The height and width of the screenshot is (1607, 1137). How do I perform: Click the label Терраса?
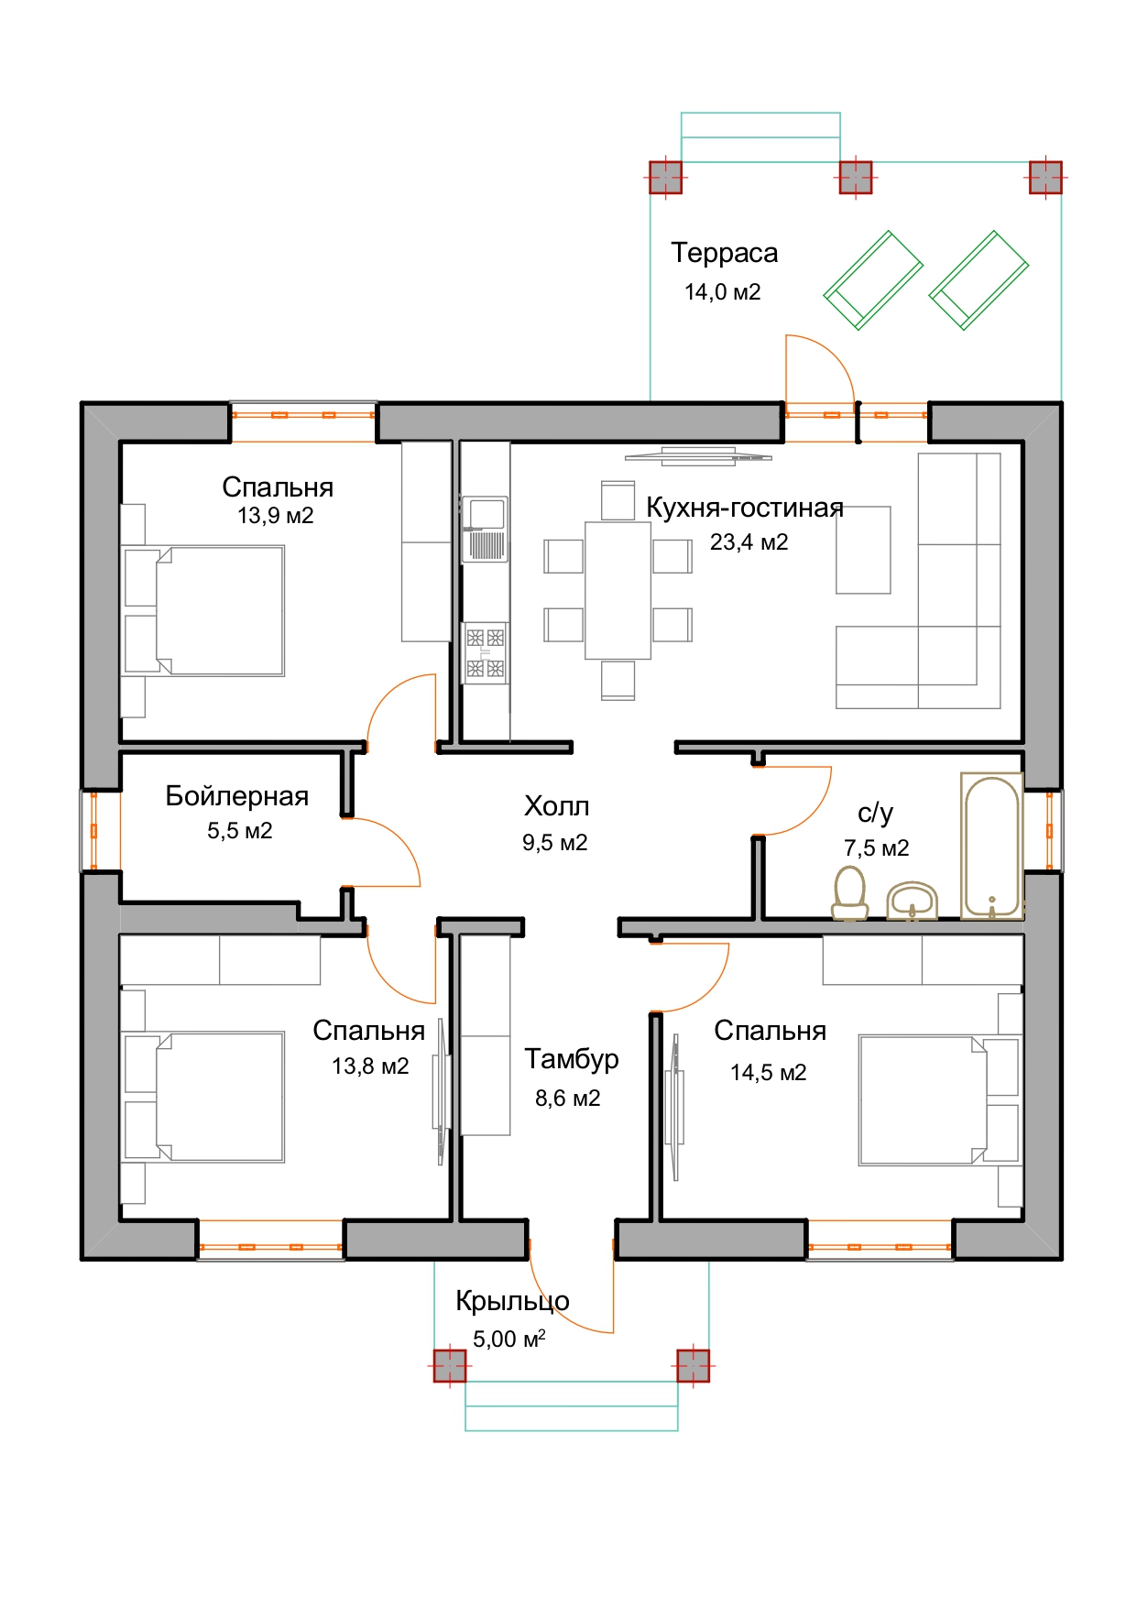pos(724,253)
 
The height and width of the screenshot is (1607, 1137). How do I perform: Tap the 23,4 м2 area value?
pos(749,542)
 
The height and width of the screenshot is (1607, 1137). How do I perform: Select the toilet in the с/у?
pos(850,891)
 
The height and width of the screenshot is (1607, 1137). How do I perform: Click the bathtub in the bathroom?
pos(992,846)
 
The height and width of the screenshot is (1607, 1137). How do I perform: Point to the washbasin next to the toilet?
pos(913,901)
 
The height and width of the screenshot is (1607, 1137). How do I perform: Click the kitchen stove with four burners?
pos(485,652)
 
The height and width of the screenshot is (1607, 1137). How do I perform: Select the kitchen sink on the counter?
pos(485,529)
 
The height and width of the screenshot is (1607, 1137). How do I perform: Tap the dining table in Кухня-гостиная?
pos(618,590)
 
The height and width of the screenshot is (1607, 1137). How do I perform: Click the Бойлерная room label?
pos(236,796)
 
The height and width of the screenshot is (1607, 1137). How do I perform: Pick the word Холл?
pos(556,806)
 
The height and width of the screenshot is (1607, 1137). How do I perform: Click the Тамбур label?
pos(571,1059)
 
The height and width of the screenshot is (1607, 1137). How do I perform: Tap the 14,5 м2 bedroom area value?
pos(768,1073)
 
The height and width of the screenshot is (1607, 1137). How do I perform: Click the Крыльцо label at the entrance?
pos(512,1301)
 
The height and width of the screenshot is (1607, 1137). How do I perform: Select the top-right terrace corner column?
pos(1045,177)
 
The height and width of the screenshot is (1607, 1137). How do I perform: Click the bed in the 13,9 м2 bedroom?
pos(204,611)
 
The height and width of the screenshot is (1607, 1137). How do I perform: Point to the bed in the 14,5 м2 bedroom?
pos(939,1100)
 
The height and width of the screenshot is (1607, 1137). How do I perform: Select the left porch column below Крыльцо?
pos(449,1365)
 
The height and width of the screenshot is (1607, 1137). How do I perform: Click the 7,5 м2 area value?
pos(877,848)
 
